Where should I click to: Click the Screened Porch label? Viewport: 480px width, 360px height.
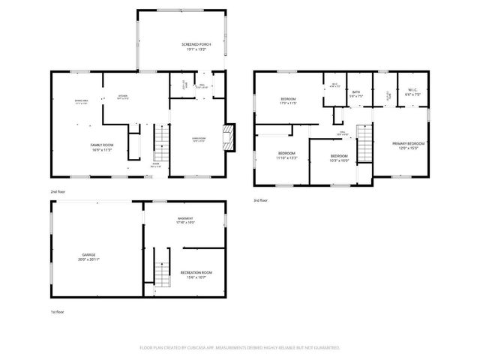pyautogui.click(x=196, y=47)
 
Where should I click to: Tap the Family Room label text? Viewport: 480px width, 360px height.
pyautogui.click(x=101, y=148)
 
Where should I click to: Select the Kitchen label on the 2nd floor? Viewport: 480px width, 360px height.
pyautogui.click(x=122, y=97)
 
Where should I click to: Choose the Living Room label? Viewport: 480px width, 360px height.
pyautogui.click(x=199, y=139)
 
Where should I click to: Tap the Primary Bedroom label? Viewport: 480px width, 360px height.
pyautogui.click(x=408, y=145)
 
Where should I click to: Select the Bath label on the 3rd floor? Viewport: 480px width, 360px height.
pyautogui.click(x=356, y=94)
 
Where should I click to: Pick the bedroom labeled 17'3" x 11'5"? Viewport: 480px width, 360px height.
pyautogui.click(x=289, y=101)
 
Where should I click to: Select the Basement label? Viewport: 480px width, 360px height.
pyautogui.click(x=184, y=220)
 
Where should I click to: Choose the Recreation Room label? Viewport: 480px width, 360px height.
pyautogui.click(x=196, y=274)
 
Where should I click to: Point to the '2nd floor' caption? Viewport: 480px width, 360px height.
pyautogui.click(x=58, y=192)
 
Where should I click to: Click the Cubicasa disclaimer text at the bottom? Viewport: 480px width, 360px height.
pyautogui.click(x=240, y=348)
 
